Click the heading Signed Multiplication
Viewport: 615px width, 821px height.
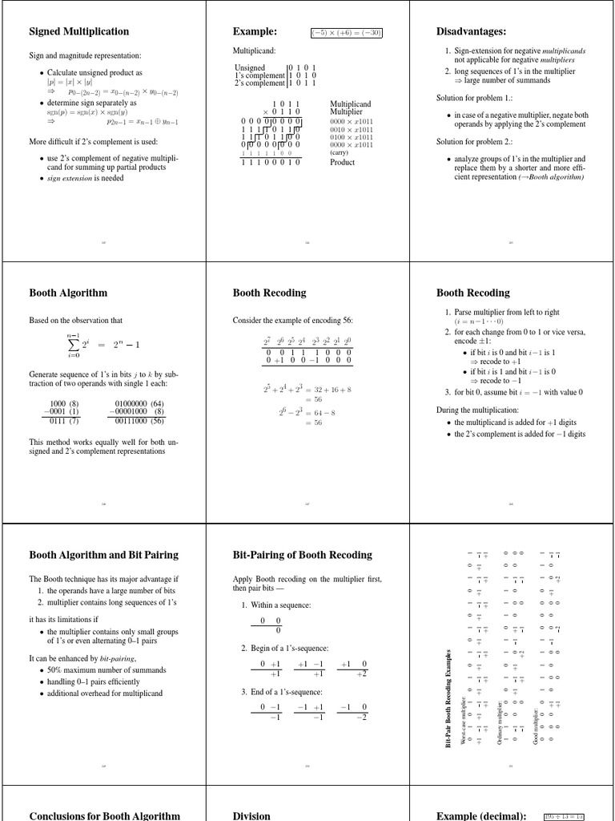pos(78,31)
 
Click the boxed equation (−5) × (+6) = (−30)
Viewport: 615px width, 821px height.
pos(347,33)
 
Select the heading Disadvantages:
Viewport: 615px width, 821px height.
pos(471,31)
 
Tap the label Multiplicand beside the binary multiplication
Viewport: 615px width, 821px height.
pos(351,104)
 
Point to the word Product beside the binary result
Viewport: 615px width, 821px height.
pos(342,162)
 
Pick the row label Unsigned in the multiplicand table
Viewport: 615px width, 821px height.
pos(250,67)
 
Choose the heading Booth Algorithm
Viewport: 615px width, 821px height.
pos(68,293)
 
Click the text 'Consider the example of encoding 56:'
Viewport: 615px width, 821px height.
pos(292,321)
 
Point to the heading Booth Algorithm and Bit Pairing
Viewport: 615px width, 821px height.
pos(103,555)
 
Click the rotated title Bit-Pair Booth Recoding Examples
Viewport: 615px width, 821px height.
pos(449,698)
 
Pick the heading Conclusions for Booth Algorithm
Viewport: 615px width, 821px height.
pos(104,815)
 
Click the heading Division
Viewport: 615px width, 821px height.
pos(251,815)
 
